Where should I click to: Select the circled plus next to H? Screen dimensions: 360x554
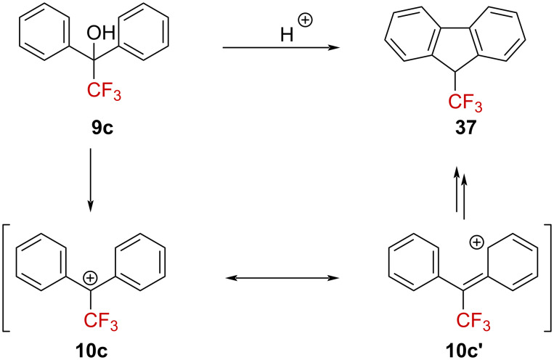point(305,21)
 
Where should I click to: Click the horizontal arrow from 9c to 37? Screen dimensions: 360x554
point(280,49)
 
